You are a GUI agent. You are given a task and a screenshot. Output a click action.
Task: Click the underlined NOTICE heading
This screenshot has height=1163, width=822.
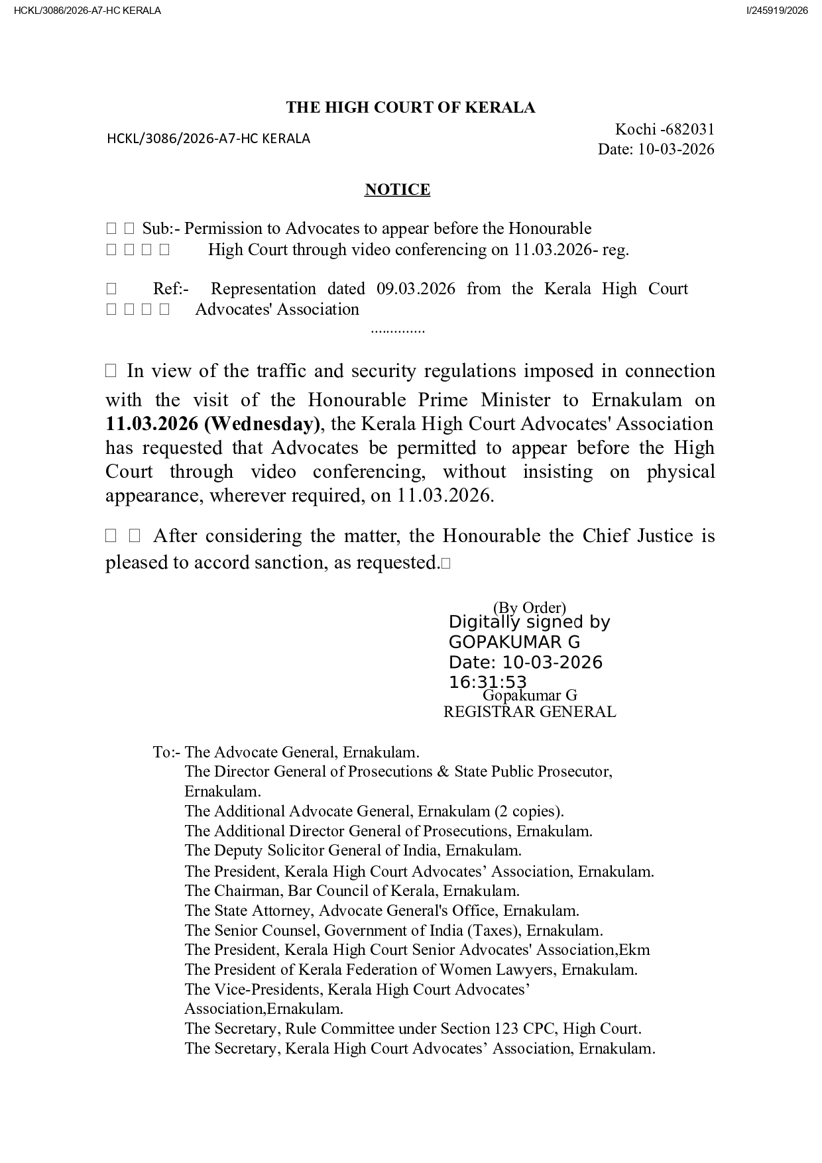[397, 190]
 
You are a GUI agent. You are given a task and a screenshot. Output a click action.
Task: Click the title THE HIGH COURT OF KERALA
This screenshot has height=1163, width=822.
[410, 108]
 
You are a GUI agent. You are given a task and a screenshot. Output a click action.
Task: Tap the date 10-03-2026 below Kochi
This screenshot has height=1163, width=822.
[676, 149]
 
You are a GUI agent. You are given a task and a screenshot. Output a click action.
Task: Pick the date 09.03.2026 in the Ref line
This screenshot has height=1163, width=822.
[416, 289]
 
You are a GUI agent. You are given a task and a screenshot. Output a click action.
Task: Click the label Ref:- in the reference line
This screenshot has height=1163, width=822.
[171, 289]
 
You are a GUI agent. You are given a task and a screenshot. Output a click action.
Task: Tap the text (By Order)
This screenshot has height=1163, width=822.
[529, 607]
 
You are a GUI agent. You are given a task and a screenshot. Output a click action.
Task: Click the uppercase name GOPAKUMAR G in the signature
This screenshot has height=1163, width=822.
[514, 642]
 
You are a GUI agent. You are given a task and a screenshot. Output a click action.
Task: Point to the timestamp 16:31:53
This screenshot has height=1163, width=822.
[487, 682]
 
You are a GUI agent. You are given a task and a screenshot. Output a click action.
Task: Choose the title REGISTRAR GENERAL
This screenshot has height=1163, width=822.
[529, 712]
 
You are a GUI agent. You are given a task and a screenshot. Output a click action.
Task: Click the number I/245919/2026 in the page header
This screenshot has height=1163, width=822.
[777, 11]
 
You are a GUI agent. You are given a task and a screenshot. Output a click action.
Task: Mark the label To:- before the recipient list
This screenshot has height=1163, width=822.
[166, 752]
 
